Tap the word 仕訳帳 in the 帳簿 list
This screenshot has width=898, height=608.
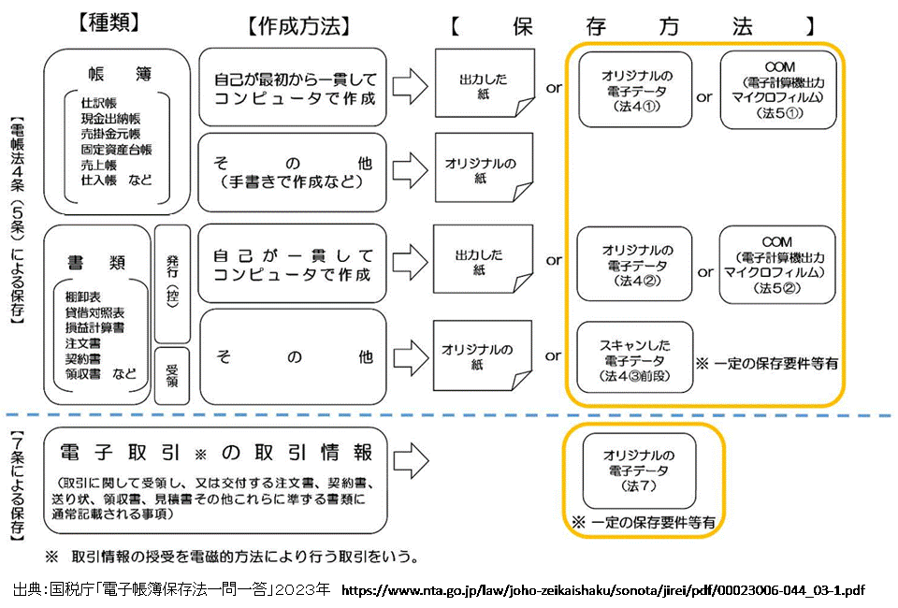[x=100, y=103]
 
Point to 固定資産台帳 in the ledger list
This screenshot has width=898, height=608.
[x=116, y=149]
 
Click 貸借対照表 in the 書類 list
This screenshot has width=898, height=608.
[x=100, y=312]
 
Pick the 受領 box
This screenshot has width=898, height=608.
[x=173, y=375]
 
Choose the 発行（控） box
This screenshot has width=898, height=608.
[x=173, y=282]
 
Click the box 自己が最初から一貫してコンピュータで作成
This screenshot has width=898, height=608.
[x=293, y=88]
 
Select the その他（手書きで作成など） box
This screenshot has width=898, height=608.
[x=293, y=172]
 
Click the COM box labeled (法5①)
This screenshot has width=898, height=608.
[x=778, y=90]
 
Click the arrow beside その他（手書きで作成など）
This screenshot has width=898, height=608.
[x=408, y=171]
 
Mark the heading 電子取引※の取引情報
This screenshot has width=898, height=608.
[x=216, y=453]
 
